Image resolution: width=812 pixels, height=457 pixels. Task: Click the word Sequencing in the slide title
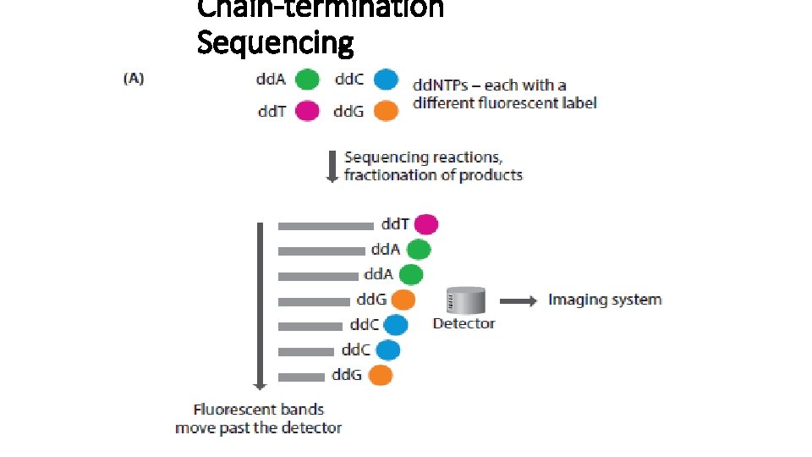click(275, 41)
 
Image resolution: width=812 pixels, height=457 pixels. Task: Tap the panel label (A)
click(134, 79)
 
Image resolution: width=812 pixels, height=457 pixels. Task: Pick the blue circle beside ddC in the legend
click(386, 80)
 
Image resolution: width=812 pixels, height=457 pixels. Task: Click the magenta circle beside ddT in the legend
click(306, 111)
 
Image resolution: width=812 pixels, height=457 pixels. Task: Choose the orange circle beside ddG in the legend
click(386, 111)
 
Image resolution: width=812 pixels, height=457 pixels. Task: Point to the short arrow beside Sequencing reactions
click(332, 167)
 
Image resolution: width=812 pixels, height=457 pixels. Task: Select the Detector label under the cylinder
click(464, 323)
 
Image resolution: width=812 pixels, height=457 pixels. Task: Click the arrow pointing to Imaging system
click(518, 300)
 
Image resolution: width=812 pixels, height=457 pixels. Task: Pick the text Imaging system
click(605, 300)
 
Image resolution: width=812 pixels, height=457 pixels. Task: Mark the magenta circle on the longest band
click(425, 224)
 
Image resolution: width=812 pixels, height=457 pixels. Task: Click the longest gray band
click(326, 226)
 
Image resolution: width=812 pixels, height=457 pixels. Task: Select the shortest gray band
click(302, 376)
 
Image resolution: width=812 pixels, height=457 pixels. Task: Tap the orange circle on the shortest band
click(381, 375)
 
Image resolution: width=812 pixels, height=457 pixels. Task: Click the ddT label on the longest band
click(395, 224)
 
